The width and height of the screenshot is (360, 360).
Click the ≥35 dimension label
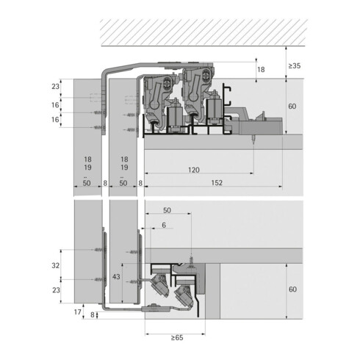(294, 66)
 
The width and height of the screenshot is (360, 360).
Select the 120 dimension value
(194, 170)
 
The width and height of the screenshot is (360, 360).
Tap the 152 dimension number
(217, 183)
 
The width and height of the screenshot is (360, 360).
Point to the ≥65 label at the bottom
(177, 338)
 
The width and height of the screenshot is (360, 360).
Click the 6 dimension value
(164, 225)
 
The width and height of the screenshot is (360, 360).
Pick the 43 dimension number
(116, 277)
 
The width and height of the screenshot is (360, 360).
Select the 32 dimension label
(56, 265)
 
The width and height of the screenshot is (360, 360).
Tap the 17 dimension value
(77, 312)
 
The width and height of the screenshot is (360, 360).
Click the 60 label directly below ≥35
(292, 107)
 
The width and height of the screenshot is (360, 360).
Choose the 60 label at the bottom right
(292, 289)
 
